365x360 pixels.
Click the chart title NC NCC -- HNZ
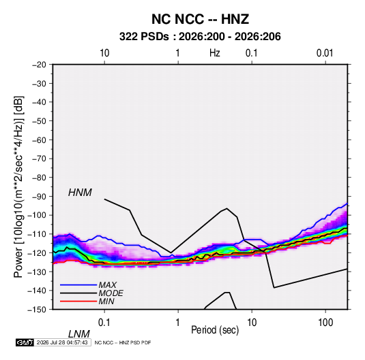pos(200,19)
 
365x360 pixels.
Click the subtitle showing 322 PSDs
pos(200,37)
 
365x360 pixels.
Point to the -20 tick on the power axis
pos(39,65)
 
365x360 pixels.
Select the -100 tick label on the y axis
pos(38,215)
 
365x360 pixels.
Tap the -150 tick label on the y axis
pos(38,310)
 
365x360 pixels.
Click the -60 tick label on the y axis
pos(39,140)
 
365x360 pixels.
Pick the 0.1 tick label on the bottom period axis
pos(104,323)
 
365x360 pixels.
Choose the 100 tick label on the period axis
pos(325,323)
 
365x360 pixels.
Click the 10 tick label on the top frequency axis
pos(104,53)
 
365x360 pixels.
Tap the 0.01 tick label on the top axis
pos(325,53)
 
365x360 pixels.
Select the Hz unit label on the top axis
pos(214,53)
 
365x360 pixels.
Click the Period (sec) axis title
pos(215,330)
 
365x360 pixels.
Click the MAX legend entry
pos(107,285)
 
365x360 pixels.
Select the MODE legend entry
pos(111,293)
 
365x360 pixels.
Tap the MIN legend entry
pos(106,301)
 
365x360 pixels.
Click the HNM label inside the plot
pos(80,193)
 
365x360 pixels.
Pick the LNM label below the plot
pos(79,334)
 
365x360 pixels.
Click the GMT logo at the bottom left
pos(25,342)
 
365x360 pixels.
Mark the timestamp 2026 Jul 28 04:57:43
pos(62,342)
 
